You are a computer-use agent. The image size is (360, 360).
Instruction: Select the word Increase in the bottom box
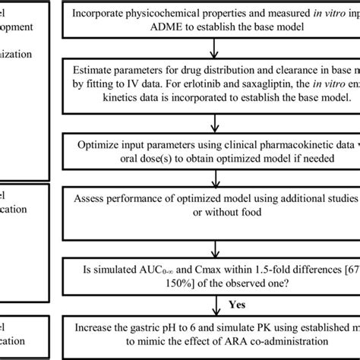click(x=99, y=326)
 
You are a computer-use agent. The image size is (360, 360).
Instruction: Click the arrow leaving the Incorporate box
click(x=216, y=47)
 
